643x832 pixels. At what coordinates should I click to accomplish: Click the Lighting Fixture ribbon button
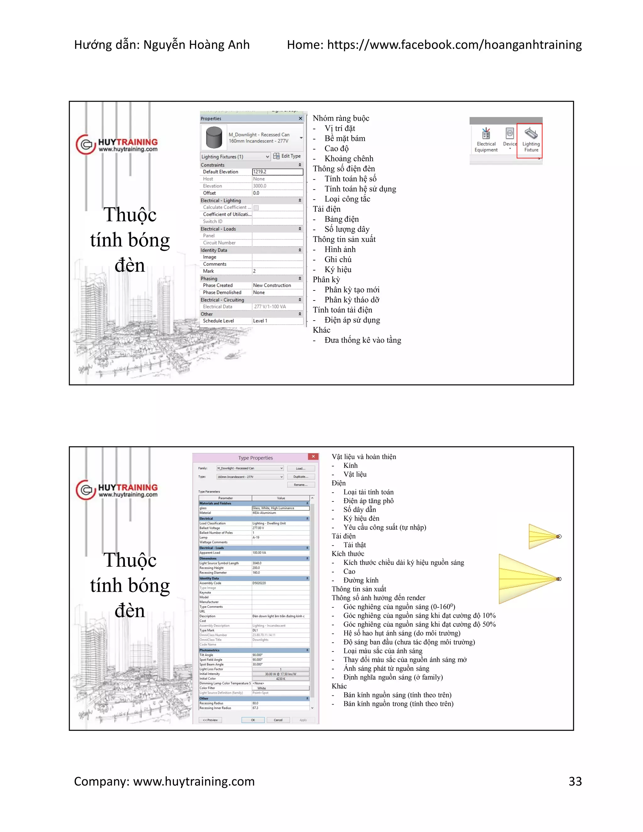point(530,140)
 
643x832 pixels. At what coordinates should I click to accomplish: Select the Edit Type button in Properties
point(287,156)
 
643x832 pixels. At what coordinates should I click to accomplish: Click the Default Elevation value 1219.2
point(277,172)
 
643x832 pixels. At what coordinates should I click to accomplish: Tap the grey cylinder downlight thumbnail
point(214,138)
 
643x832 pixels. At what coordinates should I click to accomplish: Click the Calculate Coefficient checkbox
point(257,208)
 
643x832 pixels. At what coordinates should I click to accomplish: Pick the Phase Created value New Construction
point(272,285)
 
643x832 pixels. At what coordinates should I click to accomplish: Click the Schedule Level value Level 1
point(260,321)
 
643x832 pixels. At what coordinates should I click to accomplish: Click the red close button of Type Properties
point(313,457)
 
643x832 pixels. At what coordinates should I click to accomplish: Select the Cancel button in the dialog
point(278,720)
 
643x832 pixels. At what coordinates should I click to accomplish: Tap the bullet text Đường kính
point(361,580)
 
